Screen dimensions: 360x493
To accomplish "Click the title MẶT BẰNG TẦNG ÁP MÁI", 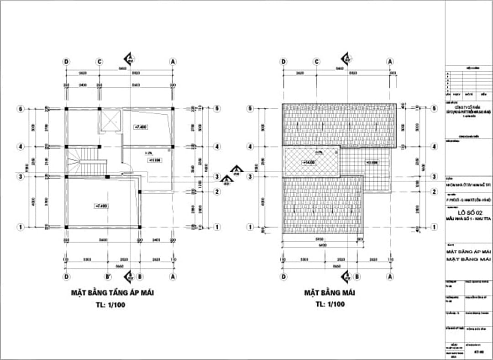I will pos(112,293).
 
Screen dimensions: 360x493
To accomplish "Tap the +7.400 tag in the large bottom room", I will pos(101,206).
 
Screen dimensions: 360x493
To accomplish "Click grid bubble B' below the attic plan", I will pos(108,276).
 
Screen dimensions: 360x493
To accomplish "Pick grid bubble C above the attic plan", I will pos(99,61).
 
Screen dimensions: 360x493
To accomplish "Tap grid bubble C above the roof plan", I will pos(316,61).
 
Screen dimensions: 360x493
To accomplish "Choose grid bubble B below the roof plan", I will pos(357,276).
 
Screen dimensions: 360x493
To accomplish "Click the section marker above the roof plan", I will pos(346,58).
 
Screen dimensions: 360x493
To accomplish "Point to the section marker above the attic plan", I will pos(130,58).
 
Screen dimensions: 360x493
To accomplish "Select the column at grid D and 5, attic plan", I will pos(67,109).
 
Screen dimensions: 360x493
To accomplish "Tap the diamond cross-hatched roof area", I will pos(311,163).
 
